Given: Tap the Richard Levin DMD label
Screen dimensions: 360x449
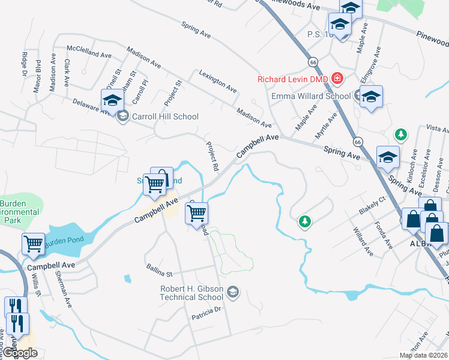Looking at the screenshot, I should pos(294,79).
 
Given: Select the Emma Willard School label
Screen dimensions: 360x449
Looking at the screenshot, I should pos(311,96).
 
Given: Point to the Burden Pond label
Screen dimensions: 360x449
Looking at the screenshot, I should pos(65,240).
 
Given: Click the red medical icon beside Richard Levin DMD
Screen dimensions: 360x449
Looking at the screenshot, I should pos(337,79).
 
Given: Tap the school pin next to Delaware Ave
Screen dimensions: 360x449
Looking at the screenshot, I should pos(112,101).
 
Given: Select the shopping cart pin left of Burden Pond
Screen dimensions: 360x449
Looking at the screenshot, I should pos(33,244).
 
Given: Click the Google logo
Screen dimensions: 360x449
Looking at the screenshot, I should pos(20,353).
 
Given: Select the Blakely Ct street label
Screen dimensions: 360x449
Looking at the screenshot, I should pos(370,205).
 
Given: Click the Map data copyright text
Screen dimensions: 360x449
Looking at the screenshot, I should pos(424,355).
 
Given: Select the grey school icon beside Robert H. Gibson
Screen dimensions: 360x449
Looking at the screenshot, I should pos(233,293).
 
